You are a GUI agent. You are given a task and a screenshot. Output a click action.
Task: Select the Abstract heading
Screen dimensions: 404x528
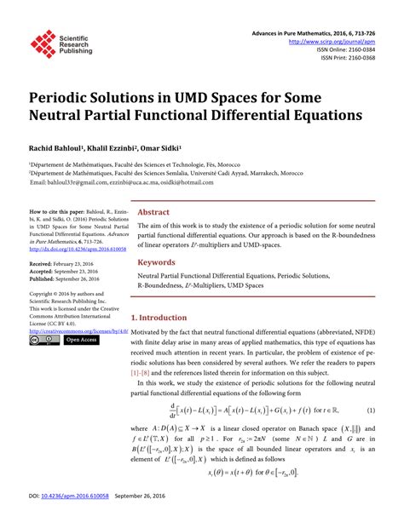click(x=153, y=212)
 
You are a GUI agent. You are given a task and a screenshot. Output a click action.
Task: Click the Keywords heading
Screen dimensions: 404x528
click(x=157, y=263)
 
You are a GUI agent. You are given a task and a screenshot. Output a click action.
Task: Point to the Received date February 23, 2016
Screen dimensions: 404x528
click(x=74, y=265)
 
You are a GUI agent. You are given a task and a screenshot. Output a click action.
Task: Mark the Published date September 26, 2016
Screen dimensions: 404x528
click(x=79, y=278)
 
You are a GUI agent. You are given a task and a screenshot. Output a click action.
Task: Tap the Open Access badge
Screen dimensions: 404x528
click(x=82, y=340)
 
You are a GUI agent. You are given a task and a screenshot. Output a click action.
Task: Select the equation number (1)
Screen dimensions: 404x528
click(x=372, y=409)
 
